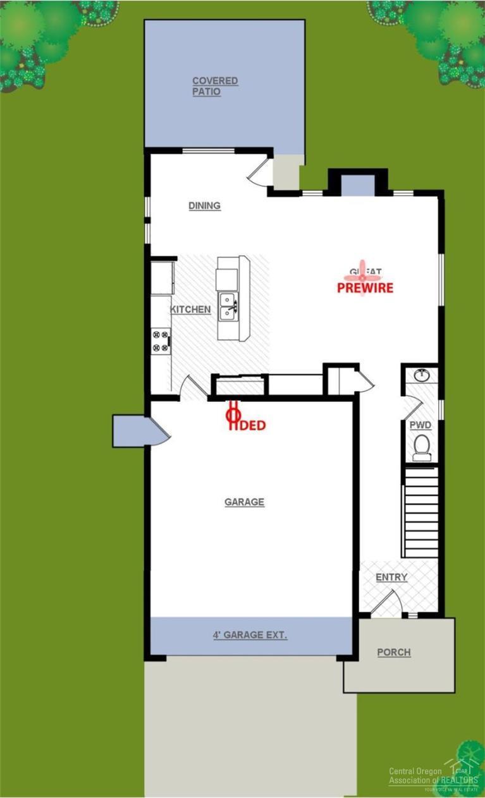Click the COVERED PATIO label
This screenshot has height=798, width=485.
pos(215,86)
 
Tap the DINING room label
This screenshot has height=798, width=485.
pos(204,205)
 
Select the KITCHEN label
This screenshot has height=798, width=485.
pos(190,310)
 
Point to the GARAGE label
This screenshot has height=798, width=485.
pos(244,502)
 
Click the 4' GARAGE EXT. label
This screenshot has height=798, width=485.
pos(250,634)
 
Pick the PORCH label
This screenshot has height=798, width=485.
pos(393,652)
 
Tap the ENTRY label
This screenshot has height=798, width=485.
pos(391,577)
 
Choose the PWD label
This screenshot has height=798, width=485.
pos(421,425)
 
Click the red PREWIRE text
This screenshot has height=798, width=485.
pos(365,288)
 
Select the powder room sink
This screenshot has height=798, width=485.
pos(422,375)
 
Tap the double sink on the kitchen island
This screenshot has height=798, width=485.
pos(228,305)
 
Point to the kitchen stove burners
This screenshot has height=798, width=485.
pos(161,341)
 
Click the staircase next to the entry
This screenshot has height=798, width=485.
pos(421,512)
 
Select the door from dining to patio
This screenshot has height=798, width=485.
pos(259,170)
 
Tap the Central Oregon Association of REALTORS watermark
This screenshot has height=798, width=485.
pos(433,776)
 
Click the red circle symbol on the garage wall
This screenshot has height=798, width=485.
pos(233,415)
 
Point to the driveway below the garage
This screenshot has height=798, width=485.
pos(250,727)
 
